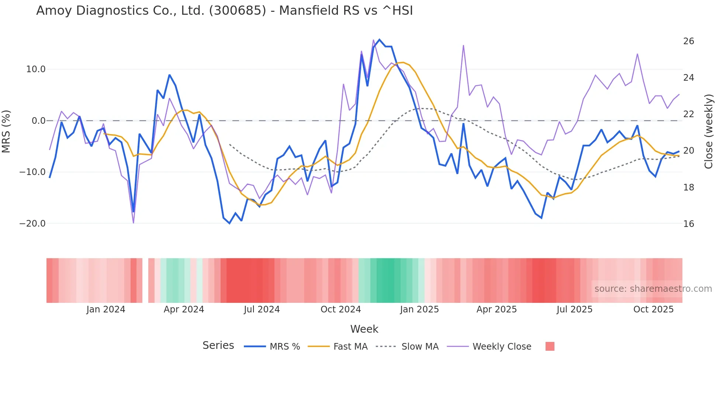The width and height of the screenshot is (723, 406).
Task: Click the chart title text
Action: point(224,11)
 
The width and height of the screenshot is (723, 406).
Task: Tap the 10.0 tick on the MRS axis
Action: point(36,69)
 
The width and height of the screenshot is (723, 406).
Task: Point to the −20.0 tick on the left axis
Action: point(32,224)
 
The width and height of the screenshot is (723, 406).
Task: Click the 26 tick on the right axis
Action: point(688,41)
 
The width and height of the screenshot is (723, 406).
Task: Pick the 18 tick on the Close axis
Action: point(688,188)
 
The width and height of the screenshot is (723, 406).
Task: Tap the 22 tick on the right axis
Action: point(688,114)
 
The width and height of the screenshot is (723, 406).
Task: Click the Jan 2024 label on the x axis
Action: point(106,309)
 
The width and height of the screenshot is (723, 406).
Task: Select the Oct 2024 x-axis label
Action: point(340,309)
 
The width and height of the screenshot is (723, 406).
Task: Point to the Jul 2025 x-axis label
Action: point(574,309)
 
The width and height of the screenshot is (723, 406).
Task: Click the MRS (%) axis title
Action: point(6,132)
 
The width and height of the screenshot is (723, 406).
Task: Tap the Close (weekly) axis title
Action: point(708,132)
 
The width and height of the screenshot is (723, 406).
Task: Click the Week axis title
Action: point(364,329)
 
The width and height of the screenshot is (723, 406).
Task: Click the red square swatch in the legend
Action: point(550,346)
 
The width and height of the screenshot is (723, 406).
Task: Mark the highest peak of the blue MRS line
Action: point(379,39)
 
